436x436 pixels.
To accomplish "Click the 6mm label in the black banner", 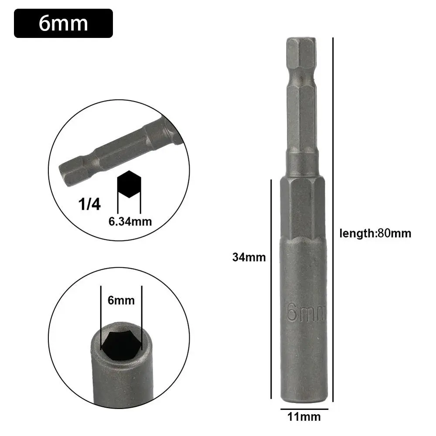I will [x=63, y=23].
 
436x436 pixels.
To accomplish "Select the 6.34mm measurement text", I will [x=130, y=221].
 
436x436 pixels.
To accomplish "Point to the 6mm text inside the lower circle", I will [x=121, y=300].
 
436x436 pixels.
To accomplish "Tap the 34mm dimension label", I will [x=249, y=257].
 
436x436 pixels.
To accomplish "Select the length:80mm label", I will [x=375, y=233].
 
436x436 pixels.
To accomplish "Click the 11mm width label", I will [x=304, y=417].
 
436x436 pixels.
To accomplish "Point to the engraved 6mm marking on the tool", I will [x=306, y=312].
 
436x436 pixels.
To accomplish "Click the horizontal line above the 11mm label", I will [x=304, y=410].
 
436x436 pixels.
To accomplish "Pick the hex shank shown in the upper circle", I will [x=118, y=153].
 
